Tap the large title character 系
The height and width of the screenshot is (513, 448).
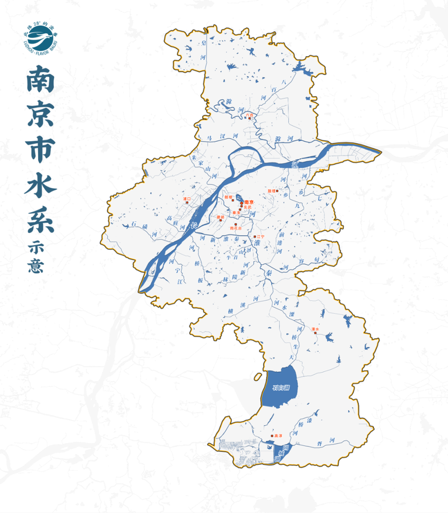coord(40,218)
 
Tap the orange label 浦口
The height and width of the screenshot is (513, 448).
coord(187,199)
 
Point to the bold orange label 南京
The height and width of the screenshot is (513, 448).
coord(250,202)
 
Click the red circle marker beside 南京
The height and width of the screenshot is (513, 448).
coord(242,202)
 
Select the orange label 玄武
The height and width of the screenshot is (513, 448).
coord(247,207)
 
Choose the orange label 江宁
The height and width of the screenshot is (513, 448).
coord(259,237)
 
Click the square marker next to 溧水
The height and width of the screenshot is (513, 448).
coord(315,333)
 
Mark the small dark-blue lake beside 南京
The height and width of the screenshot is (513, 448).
coord(239,198)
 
